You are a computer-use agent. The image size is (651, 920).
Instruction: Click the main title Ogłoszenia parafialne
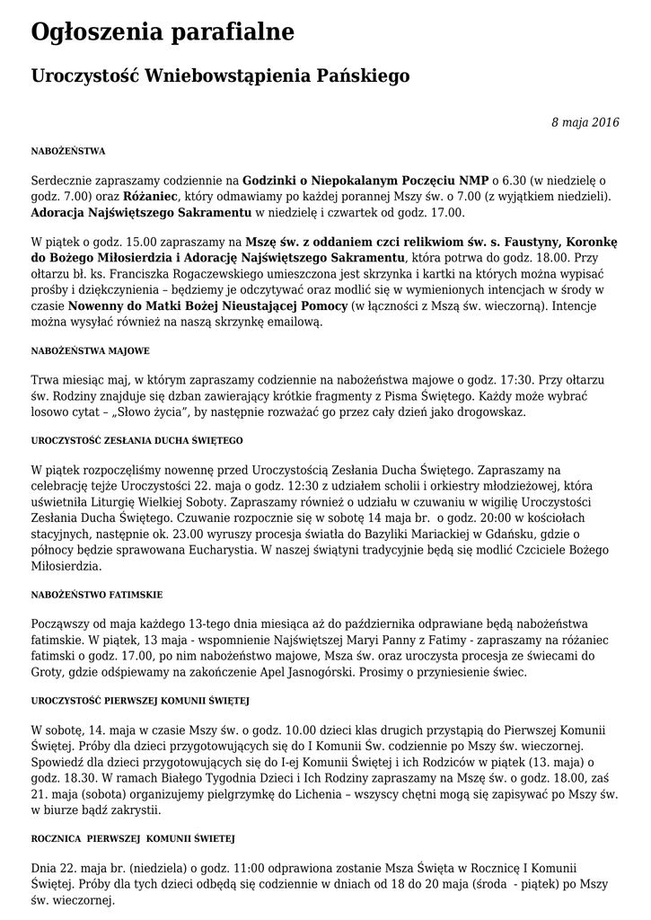tap(163, 33)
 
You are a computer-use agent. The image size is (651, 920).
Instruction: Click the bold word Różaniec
tap(150, 196)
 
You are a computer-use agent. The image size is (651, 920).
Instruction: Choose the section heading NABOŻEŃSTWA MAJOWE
tap(90, 350)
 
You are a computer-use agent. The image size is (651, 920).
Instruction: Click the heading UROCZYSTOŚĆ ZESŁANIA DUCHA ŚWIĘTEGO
tap(137, 440)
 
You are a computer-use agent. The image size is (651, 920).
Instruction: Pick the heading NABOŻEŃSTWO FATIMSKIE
tap(97, 595)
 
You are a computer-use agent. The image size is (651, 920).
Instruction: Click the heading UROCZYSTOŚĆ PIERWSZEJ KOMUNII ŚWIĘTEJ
tap(140, 700)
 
